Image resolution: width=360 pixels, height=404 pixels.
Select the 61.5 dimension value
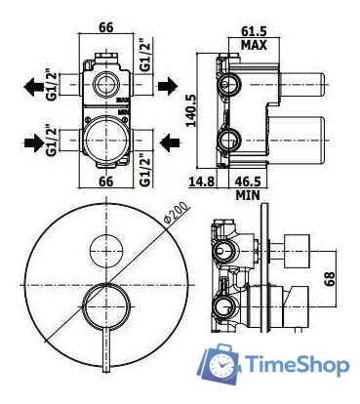click(x=256, y=31)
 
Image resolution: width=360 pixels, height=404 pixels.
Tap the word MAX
click(x=256, y=45)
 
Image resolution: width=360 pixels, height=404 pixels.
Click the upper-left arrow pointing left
click(x=36, y=86)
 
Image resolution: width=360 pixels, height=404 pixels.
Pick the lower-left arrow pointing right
click(x=36, y=142)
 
